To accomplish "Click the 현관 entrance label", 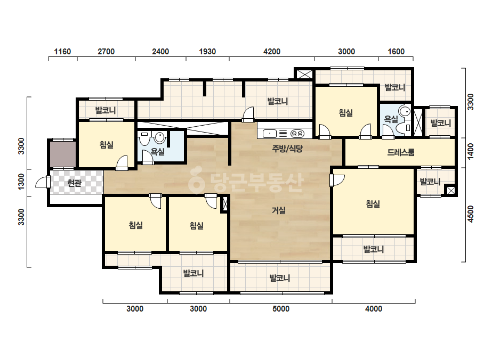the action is pos(74,183).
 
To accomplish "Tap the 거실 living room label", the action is pos(279,210).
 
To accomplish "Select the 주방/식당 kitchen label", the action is pos(287,149).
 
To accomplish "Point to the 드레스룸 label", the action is pos(401,152).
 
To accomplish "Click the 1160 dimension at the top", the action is pos(62,52).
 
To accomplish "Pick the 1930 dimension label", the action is pos(207,52).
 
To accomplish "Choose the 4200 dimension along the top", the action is pos(272,52).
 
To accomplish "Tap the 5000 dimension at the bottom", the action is pos(281,309).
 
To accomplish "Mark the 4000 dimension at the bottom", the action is pos(374,309).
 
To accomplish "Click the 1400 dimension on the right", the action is pos(471,151).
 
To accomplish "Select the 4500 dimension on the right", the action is pos(471,214).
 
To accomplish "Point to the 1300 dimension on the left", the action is pos(21,182).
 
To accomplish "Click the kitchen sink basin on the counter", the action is pos(270,134).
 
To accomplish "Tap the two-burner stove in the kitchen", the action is pos(297,134).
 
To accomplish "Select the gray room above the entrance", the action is pos(63,154).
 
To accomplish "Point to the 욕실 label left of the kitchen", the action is pos(158,152).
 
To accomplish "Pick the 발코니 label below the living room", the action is pos(280,278).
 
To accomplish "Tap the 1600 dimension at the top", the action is pos(396,52).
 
